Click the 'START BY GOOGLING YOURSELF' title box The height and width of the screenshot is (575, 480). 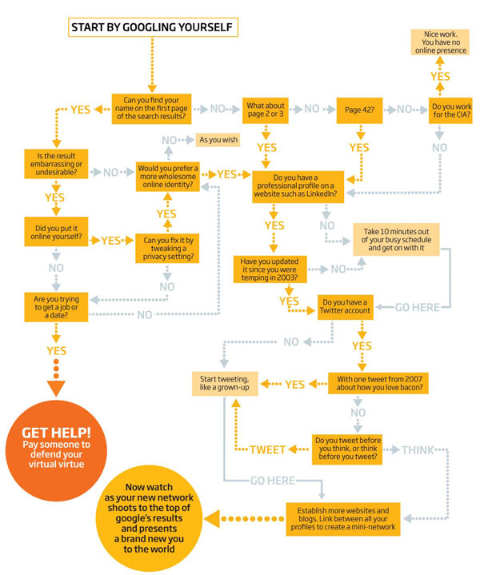point(153,27)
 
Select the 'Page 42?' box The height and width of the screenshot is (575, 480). point(360,110)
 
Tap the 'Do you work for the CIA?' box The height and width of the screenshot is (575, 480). point(450,110)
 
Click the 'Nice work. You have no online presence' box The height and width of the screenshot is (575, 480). point(440,42)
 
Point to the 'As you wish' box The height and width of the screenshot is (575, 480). point(218,140)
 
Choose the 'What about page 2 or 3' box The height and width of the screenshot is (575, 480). point(266,110)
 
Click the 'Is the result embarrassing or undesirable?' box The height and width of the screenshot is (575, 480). point(56,164)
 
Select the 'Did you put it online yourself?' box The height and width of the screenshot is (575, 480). point(56,232)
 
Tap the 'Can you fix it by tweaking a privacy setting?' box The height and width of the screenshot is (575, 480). point(167,248)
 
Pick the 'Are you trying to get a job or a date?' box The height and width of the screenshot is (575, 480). point(56,307)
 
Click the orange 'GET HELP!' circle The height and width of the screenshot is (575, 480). point(56,451)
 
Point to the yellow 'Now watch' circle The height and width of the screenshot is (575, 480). point(149,518)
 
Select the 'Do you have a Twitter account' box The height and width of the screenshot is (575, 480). point(346,307)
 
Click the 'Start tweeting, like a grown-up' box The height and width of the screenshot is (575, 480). point(225,384)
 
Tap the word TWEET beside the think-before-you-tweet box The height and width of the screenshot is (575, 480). point(267,449)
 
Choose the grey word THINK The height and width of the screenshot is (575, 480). point(418,450)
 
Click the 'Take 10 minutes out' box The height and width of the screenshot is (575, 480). point(396,239)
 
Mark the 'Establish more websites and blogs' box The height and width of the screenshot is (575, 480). point(343,519)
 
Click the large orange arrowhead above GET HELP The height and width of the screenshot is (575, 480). point(56,388)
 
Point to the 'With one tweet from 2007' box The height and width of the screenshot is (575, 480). point(378,384)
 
